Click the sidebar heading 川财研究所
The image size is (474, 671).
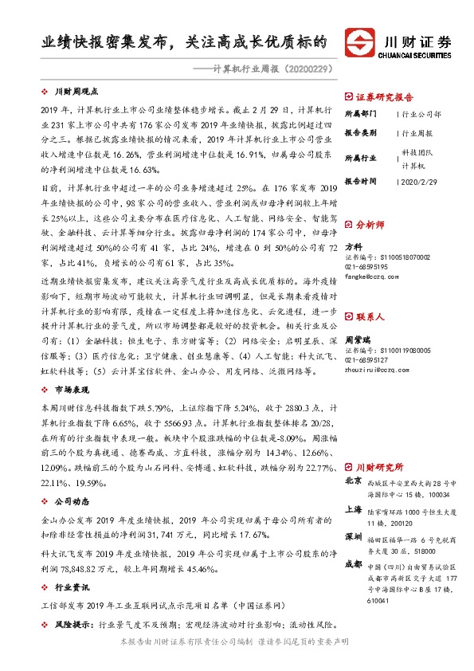tap(378, 466)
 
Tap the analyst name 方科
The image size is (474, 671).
tap(352, 247)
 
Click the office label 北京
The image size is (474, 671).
tap(353, 481)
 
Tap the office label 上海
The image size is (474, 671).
tap(353, 509)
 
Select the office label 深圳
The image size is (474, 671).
tap(353, 536)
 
